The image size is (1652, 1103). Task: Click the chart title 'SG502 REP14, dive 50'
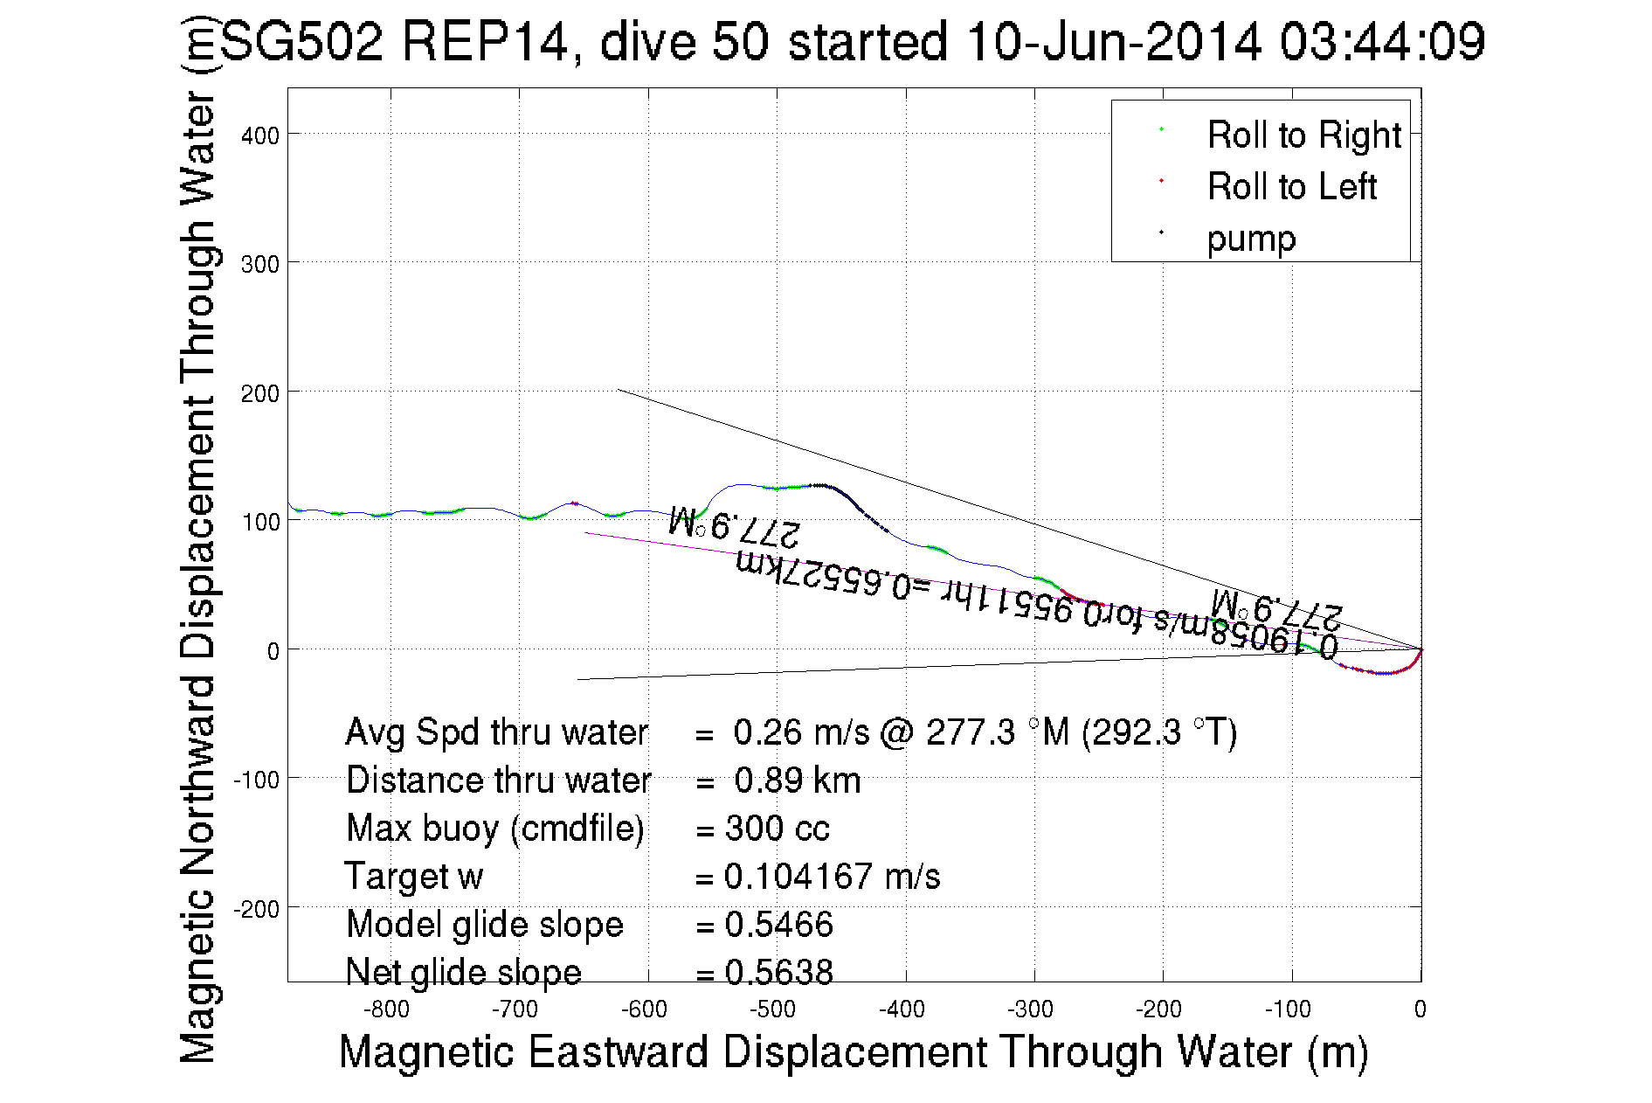click(852, 41)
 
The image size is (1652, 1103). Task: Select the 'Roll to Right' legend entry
click(1303, 135)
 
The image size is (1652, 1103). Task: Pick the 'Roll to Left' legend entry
click(1291, 187)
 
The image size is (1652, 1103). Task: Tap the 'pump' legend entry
click(1251, 239)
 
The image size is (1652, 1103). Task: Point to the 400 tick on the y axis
click(260, 135)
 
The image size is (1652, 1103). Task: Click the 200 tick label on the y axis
click(260, 393)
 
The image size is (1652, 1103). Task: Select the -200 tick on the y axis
click(256, 909)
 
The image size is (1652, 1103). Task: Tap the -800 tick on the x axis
click(386, 1009)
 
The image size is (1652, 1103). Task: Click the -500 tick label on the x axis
click(772, 1009)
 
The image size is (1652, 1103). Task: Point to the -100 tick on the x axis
click(1288, 1009)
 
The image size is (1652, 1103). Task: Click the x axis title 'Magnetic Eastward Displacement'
click(853, 1051)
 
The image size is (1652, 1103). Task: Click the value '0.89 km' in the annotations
click(797, 780)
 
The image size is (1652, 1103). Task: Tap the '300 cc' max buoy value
click(777, 829)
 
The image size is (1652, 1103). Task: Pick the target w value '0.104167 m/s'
click(832, 877)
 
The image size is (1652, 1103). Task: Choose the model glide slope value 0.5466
click(778, 925)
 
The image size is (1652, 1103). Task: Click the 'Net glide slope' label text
click(463, 972)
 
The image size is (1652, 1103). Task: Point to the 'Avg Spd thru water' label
click(496, 732)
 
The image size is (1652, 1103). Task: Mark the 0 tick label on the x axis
click(1420, 1009)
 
